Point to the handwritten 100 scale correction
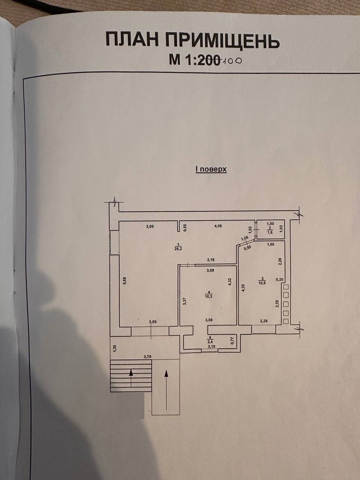[231, 60]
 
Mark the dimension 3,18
[210, 260]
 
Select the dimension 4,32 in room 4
[230, 282]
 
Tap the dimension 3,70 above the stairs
[147, 357]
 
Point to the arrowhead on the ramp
[166, 373]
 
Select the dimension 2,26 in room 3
[264, 321]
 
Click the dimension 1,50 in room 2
[270, 224]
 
